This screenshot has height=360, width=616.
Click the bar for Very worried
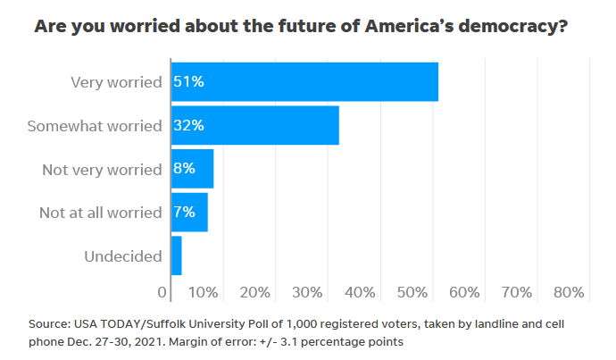coord(304,81)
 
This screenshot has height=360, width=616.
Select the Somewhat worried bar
coord(254,125)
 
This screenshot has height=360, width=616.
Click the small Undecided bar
coord(175,256)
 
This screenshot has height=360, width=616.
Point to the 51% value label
coord(189,82)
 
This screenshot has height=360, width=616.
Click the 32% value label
coord(189,126)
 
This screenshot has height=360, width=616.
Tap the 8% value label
coord(185,169)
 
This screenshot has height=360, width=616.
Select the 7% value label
coord(185,213)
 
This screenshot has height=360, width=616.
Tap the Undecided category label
coord(122,256)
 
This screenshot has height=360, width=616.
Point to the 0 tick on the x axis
coord(162,292)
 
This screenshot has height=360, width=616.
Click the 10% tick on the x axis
coord(204,292)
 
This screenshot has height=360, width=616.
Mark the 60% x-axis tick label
coord(465,292)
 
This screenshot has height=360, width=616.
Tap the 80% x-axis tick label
coord(569,292)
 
